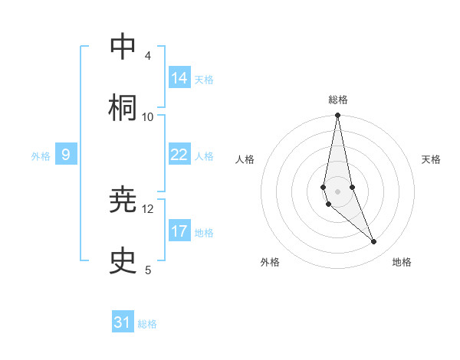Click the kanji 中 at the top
coord(123,48)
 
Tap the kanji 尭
coord(123,201)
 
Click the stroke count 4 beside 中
coord(147,56)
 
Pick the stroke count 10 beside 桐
coord(148,116)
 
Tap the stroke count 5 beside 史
coord(148,270)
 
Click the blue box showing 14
coord(179,77)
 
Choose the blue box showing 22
coord(179,155)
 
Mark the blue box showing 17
coord(179,231)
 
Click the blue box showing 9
coord(66,155)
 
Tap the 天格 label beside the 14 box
coord(204,80)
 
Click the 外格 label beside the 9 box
coord(41,156)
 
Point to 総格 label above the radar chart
coord(338,100)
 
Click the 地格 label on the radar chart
coord(402,262)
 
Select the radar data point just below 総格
coord(337,116)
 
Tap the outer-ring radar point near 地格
coord(374,242)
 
